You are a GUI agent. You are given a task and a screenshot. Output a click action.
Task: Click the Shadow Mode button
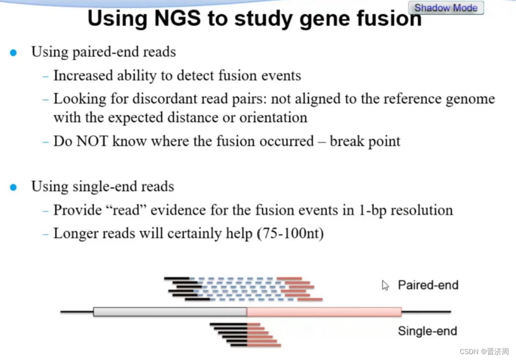click(446, 8)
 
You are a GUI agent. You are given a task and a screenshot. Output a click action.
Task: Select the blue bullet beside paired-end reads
click(13, 52)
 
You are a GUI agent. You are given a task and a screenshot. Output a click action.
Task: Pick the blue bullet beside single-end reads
click(13, 187)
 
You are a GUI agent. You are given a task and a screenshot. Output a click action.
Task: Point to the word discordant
click(161, 99)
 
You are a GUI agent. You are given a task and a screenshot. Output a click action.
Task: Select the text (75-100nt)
click(290, 233)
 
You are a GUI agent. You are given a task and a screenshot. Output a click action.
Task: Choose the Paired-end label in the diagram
click(428, 285)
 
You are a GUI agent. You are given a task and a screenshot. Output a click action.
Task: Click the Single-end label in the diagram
click(427, 331)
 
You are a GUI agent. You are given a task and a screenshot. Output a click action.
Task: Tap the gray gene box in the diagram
click(170, 312)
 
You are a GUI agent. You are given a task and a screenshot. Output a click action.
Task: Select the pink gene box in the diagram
click(324, 312)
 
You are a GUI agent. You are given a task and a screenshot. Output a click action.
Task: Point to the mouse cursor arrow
click(385, 285)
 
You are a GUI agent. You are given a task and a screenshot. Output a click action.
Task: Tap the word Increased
click(83, 75)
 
